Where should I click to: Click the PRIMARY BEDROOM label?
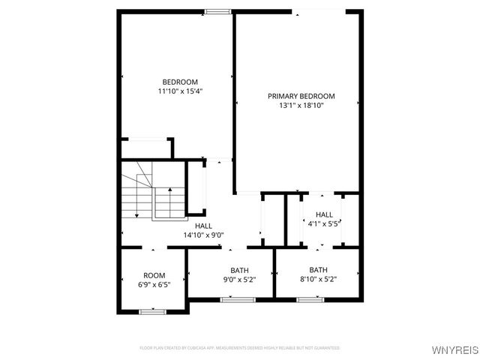(x=301, y=96)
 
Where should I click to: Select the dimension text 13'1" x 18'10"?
(x=301, y=106)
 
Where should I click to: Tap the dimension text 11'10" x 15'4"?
(x=180, y=91)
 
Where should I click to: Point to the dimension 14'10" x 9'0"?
(x=203, y=235)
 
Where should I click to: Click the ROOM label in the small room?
(x=154, y=275)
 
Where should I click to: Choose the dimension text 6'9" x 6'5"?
(x=154, y=285)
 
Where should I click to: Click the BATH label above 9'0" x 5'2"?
(x=239, y=270)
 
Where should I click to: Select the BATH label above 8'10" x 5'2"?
(x=318, y=270)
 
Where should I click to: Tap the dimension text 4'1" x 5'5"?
(x=324, y=223)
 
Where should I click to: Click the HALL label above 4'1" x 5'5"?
(x=324, y=214)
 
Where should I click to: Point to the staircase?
(x=154, y=193)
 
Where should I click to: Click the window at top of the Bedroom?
(x=217, y=11)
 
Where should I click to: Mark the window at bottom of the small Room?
(x=152, y=310)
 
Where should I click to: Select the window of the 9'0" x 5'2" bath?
(x=232, y=299)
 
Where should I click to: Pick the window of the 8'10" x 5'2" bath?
(x=308, y=299)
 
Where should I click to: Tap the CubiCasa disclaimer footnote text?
(x=239, y=348)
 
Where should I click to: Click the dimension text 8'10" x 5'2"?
(x=318, y=280)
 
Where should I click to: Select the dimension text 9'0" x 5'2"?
(x=239, y=280)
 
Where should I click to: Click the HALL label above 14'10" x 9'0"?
(x=203, y=226)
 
